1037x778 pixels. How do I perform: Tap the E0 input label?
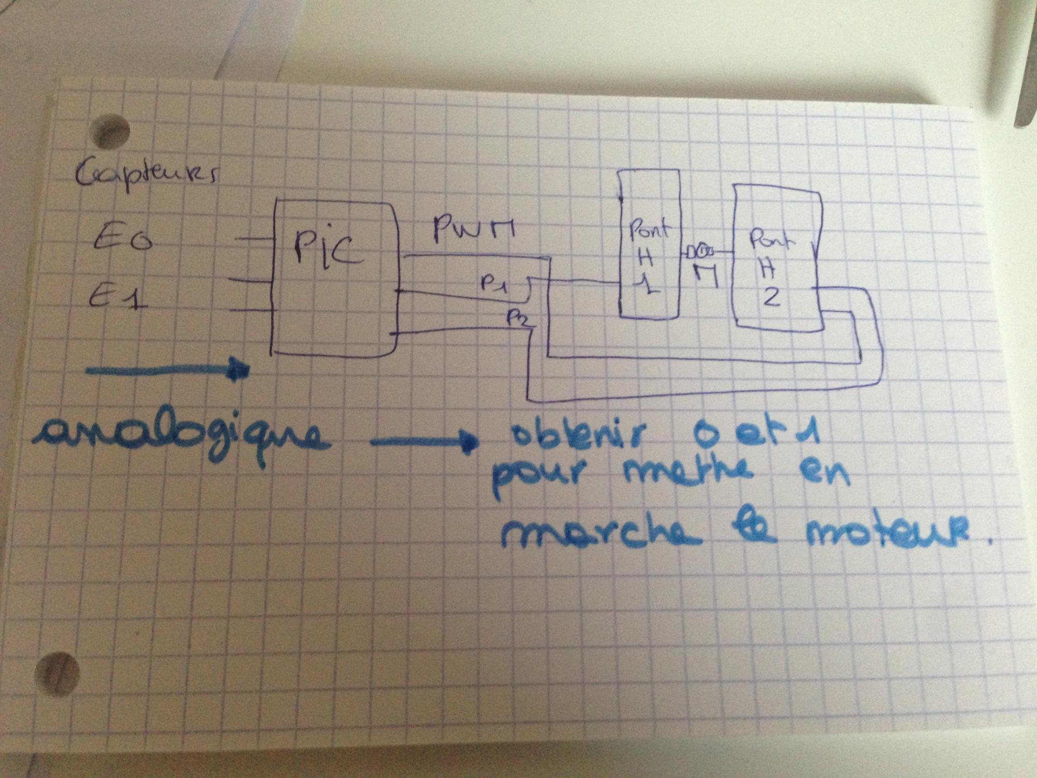pyautogui.click(x=122, y=240)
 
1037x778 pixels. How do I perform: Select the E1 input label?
pyautogui.click(x=117, y=297)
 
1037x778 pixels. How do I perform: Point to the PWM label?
pyautogui.click(x=473, y=229)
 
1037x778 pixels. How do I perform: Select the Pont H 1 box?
pyautogui.click(x=649, y=244)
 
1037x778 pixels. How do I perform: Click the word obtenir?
pyautogui.click(x=576, y=436)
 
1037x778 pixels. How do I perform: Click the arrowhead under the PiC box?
pyautogui.click(x=240, y=369)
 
